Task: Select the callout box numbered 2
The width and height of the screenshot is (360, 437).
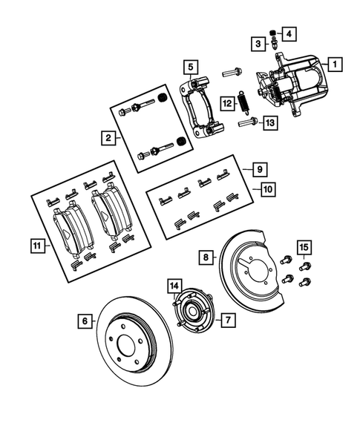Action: [x=108, y=137]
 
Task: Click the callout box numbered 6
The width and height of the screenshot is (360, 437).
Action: [x=85, y=321]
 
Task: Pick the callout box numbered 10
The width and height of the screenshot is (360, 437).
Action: [x=267, y=190]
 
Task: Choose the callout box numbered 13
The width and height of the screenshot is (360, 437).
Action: [x=269, y=122]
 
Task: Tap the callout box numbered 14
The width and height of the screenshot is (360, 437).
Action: [x=174, y=286]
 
